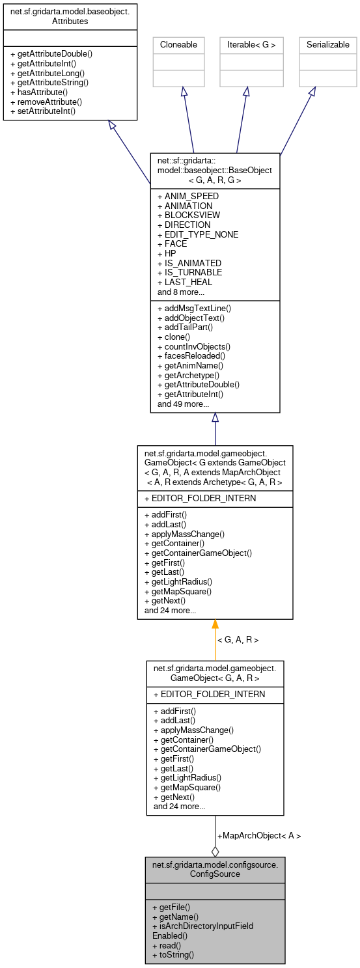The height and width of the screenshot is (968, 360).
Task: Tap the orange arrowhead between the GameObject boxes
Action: click(215, 624)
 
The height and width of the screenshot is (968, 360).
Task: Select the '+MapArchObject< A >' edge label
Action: click(259, 835)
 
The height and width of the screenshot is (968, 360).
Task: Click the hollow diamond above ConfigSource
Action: click(215, 851)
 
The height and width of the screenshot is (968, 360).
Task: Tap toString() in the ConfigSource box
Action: click(173, 955)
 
